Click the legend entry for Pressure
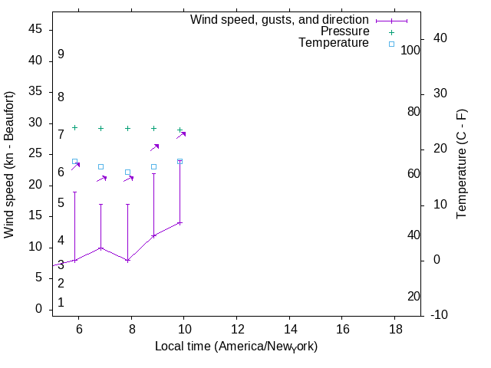(x=344, y=31)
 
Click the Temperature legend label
(x=334, y=43)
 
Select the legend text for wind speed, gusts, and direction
(x=280, y=20)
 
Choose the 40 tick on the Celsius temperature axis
(x=440, y=38)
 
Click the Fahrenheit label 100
(x=411, y=50)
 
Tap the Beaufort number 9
(x=61, y=54)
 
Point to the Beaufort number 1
(x=61, y=303)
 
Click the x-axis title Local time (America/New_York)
(x=236, y=347)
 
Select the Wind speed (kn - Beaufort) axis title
(x=9, y=165)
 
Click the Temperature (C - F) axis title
(x=462, y=163)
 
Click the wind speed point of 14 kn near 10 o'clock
(x=180, y=222)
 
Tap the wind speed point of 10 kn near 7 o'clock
(x=101, y=248)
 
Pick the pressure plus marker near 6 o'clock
(x=74, y=127)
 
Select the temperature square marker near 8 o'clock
(x=127, y=172)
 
